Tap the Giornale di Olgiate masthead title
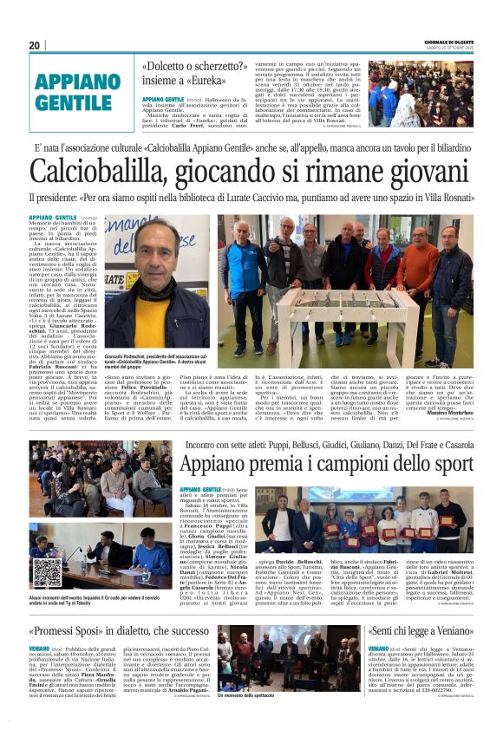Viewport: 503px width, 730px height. pyautogui.click(x=449, y=42)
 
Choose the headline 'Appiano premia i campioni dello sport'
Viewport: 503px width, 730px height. pyautogui.click(x=326, y=464)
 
